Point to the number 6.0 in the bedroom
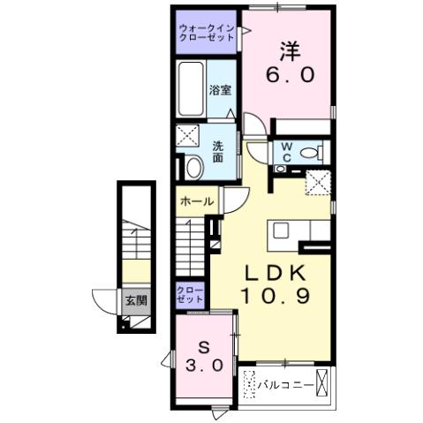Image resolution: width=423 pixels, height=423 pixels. tap(290, 75)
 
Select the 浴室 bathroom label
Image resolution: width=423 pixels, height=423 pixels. tap(220, 89)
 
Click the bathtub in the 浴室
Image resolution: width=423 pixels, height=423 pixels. tap(191, 89)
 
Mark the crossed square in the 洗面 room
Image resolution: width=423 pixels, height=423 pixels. tap(186, 137)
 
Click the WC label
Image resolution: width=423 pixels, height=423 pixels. tap(287, 153)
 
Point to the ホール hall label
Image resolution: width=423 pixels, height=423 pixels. tap(195, 201)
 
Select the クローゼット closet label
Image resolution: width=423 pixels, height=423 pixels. tap(190, 295)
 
